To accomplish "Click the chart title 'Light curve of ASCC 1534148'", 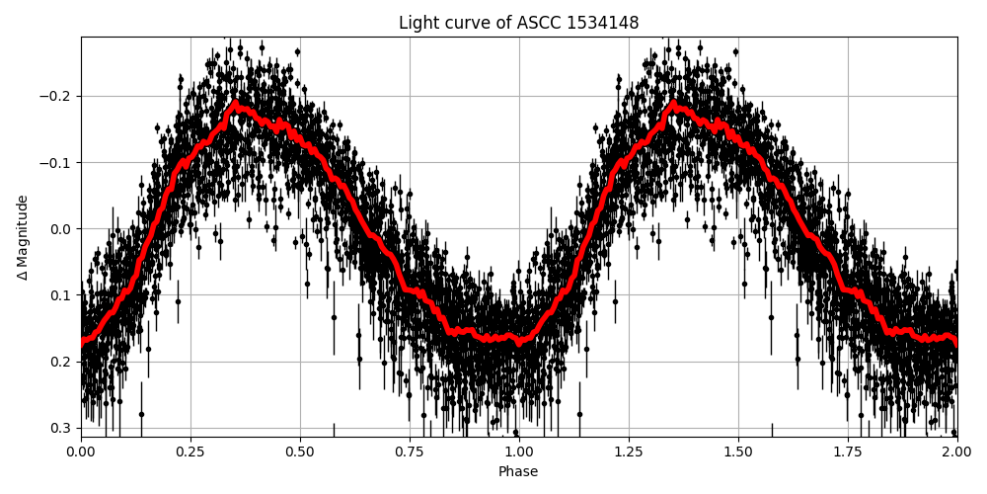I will (518, 23).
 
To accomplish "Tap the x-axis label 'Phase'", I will (518, 472).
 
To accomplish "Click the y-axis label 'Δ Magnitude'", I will (23, 237).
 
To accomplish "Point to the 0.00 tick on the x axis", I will (81, 452).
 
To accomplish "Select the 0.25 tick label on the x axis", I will (190, 452).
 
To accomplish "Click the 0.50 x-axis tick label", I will (300, 452).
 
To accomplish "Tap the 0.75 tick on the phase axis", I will (410, 452).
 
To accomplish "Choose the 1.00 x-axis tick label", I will (519, 452).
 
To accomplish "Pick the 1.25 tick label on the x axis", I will (629, 452).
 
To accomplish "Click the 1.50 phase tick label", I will (738, 452).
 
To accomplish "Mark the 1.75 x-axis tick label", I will (848, 452).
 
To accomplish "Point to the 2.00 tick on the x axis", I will (957, 452).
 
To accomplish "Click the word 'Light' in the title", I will (418, 23).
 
